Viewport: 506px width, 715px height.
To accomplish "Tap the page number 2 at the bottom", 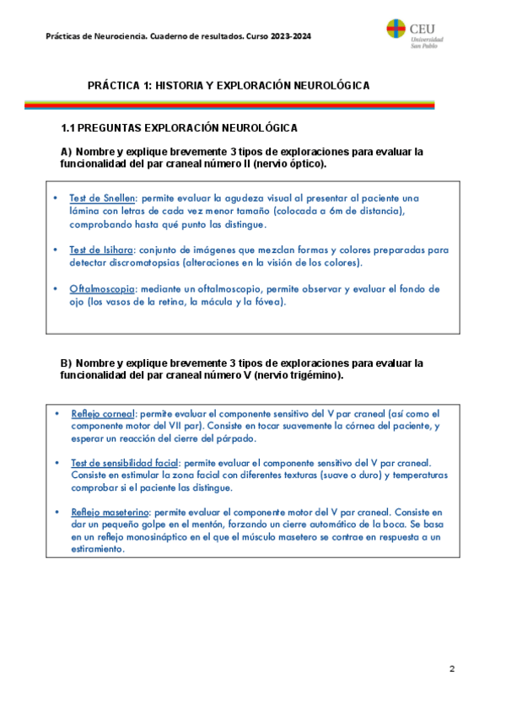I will (452, 669).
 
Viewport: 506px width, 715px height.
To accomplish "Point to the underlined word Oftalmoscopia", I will (102, 288).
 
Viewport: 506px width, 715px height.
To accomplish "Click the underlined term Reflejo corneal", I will (103, 414).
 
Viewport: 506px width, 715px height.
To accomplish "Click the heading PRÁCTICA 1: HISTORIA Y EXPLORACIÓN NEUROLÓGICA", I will (229, 86).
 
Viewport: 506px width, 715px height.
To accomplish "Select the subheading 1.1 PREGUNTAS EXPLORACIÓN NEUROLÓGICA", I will (179, 128).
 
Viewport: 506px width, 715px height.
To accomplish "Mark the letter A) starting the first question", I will (66, 152).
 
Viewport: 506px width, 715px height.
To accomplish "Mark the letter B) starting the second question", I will (66, 363).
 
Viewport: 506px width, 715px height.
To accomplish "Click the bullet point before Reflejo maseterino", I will (56, 512).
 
